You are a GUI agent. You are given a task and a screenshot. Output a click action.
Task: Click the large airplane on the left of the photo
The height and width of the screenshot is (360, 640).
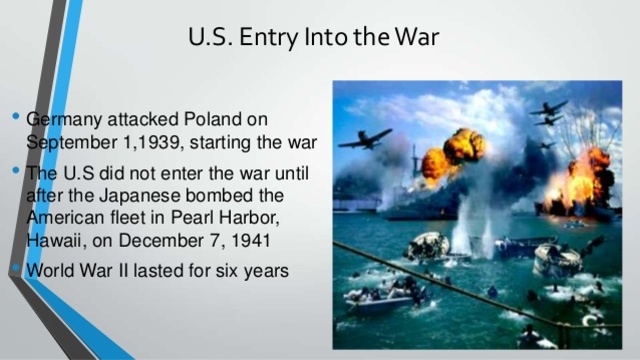(364, 138)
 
